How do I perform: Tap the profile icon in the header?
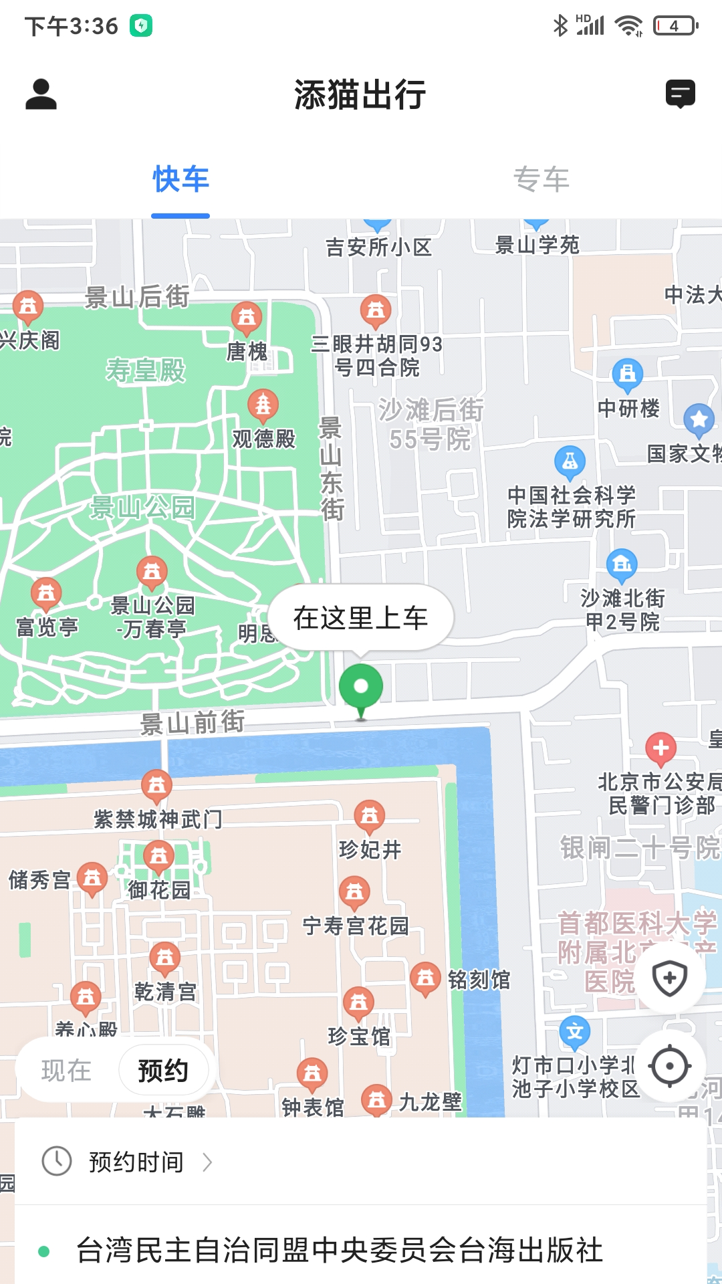coord(41,94)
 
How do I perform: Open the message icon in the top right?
coord(680,94)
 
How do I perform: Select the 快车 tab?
coord(180,179)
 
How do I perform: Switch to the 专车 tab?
coord(541,179)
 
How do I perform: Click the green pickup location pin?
coord(361,688)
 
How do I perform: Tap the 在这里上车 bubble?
coord(360,618)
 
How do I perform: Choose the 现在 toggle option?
coord(66,1071)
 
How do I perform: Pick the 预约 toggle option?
coord(163,1071)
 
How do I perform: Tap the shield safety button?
coord(669,978)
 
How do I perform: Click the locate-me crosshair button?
coord(669,1067)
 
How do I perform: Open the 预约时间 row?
coord(136,1162)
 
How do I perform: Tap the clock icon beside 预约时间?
coord(57,1162)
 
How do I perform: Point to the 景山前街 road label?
coord(192,723)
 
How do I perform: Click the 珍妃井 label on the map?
coord(370,849)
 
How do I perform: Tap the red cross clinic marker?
coord(660,748)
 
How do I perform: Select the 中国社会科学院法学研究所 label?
coord(571,507)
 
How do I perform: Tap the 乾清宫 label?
coord(165,991)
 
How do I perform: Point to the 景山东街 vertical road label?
coord(332,469)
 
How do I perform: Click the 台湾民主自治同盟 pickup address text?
coord(340,1251)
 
